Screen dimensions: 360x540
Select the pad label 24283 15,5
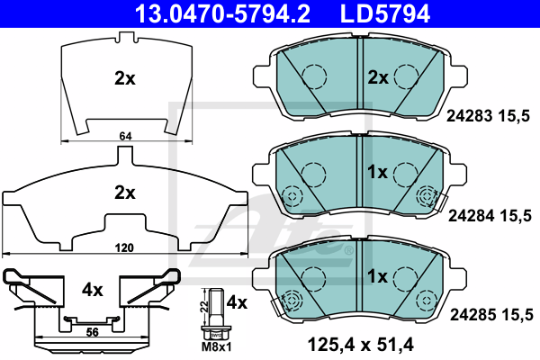490,114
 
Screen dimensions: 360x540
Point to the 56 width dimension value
92,332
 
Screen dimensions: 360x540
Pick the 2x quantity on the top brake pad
376,78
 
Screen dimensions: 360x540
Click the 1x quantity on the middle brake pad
376,171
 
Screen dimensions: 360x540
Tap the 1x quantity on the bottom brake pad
376,274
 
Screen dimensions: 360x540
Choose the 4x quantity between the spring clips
93,290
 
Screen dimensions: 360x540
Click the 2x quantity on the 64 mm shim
124,78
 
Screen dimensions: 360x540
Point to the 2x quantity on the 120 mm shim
124,192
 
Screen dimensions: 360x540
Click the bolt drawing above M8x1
214,310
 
